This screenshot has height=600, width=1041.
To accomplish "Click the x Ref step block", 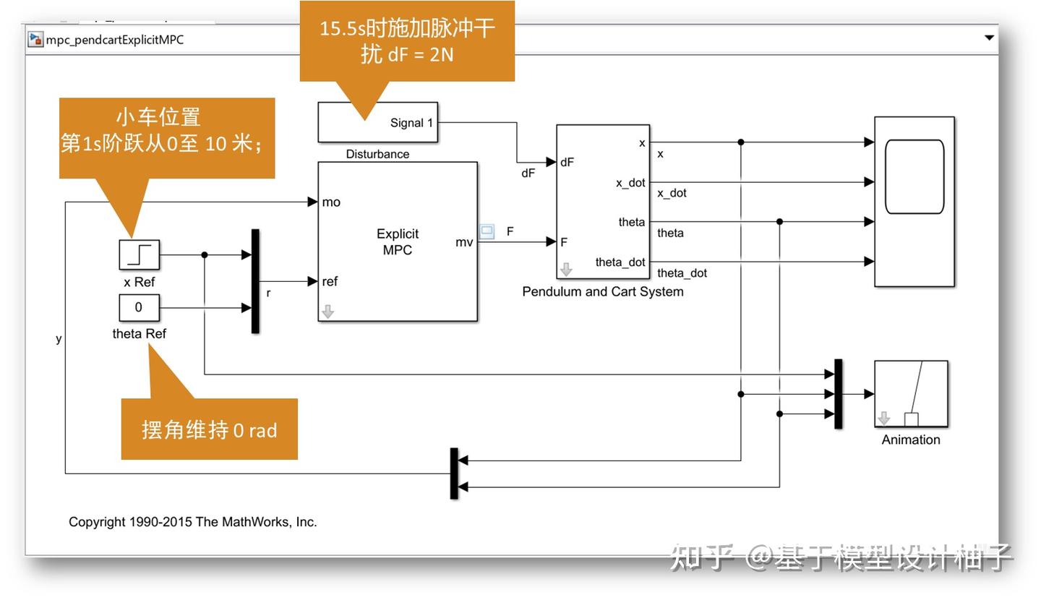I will coord(139,254).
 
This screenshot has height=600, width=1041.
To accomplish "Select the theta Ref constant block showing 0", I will coord(139,307).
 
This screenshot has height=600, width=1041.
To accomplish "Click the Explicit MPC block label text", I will coord(397,241).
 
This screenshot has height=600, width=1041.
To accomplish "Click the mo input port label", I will coord(331,202).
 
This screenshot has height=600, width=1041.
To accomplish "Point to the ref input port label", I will coord(330,282).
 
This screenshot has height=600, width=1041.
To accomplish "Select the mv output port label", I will coord(464,242).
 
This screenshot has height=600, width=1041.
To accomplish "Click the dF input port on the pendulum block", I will coord(567,163).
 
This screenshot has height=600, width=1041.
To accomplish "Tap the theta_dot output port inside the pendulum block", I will coord(620,262).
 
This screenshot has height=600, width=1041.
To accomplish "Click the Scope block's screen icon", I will coord(914,177).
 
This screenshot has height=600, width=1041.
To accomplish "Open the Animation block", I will coord(911,394).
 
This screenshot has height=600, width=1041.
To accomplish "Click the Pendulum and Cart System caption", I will coord(602,292).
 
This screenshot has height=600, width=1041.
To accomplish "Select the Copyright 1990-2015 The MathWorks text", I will coord(192,522).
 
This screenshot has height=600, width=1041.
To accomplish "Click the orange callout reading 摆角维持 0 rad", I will coord(209,430).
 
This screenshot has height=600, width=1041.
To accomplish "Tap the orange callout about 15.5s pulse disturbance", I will coord(407,40).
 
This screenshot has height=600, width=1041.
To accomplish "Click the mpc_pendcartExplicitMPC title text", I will coord(115,40).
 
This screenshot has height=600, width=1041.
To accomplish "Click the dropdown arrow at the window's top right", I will coord(989,38).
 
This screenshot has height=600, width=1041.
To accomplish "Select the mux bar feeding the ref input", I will coord(255,281).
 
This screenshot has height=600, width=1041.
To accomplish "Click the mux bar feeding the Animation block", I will coord(838,394).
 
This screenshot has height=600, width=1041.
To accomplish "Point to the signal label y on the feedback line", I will coord(59,339).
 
